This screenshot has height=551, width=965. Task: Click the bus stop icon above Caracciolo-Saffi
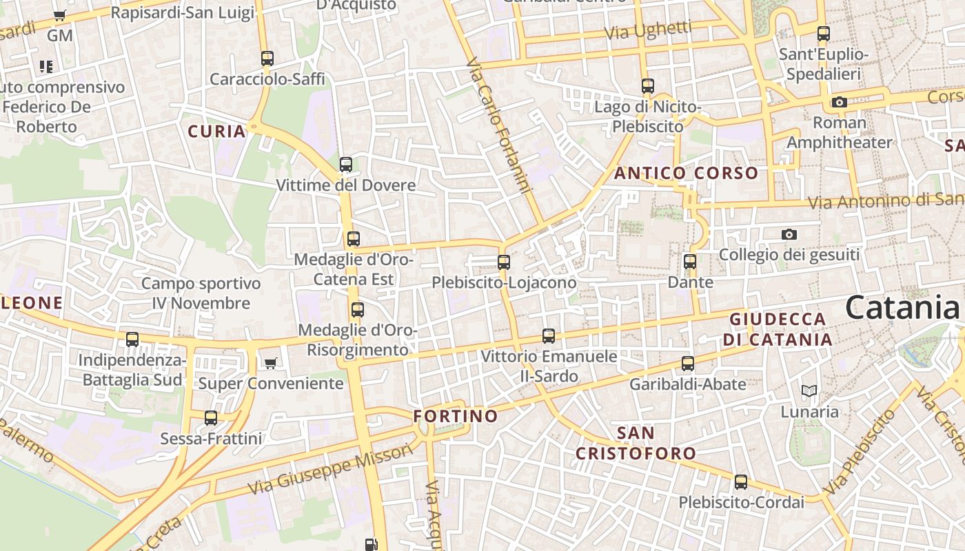(267, 59)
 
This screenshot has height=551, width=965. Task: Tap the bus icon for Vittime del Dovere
(346, 165)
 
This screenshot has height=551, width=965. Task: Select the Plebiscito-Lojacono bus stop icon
(504, 262)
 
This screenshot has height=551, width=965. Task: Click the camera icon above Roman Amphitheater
(839, 103)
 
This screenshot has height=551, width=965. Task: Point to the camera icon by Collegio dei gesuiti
(789, 235)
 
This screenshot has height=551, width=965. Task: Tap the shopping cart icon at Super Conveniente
(271, 363)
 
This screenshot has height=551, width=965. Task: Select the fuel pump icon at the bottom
(372, 544)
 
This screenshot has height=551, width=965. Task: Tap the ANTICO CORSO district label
(686, 173)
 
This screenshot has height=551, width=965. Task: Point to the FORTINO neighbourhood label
(455, 416)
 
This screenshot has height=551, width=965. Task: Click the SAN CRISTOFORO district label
(636, 443)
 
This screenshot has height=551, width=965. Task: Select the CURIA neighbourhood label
(216, 132)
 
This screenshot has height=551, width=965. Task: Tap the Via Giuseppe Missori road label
(330, 469)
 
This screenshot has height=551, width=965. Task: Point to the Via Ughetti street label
(648, 30)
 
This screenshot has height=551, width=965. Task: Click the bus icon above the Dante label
(690, 262)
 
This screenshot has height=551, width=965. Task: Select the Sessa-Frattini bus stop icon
(211, 418)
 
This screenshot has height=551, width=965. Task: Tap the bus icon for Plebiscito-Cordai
(741, 482)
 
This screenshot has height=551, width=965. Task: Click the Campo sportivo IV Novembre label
(201, 293)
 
